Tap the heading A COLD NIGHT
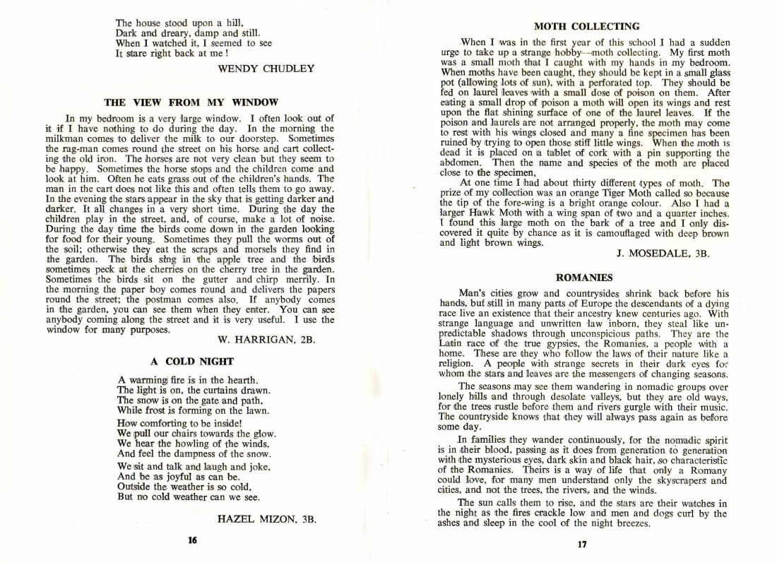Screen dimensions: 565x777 point(189,361)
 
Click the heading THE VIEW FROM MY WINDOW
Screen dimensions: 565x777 point(191,102)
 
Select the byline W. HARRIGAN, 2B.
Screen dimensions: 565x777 point(262,340)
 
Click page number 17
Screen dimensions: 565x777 point(582,545)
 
